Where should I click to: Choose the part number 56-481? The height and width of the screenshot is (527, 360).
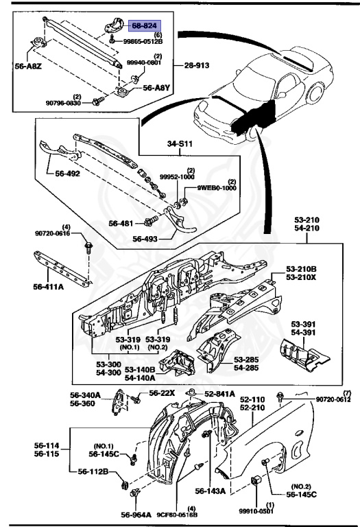coord(123,223)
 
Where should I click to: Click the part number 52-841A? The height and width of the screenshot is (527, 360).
coord(220,393)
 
